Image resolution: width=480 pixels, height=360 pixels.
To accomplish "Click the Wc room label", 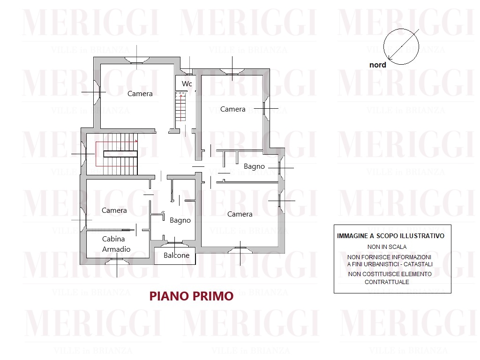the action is coord(187,83).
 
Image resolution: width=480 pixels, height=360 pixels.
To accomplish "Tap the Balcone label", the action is coord(176,255).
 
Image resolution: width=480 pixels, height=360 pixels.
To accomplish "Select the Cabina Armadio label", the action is coord(116,244).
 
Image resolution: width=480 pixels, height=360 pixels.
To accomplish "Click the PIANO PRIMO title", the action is coord(191,296).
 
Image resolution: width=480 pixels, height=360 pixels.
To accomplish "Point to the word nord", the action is coord(377,65).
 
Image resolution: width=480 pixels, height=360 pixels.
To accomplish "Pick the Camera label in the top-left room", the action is coord(140,94).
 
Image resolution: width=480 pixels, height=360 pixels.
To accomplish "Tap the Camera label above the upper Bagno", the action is coord(232,109).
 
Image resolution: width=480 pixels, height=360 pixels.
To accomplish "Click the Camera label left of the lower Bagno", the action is coord(114,210).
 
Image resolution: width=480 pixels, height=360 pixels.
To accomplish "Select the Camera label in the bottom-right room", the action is coord(240,214).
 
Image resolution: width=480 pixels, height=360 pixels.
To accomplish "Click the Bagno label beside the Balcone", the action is coord(180,220).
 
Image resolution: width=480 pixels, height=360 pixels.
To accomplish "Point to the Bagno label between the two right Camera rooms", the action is coord(254,166).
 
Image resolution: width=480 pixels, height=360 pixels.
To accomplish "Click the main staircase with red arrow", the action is coord(116,154).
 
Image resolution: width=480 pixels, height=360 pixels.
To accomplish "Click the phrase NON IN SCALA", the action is coord(387,247).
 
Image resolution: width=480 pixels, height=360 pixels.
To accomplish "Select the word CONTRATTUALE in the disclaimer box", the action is coord(387,282).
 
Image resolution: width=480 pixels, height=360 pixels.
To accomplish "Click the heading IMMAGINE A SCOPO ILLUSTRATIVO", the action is coord(390,236).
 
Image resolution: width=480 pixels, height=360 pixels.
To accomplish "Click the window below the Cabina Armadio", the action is coord(117,261).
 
